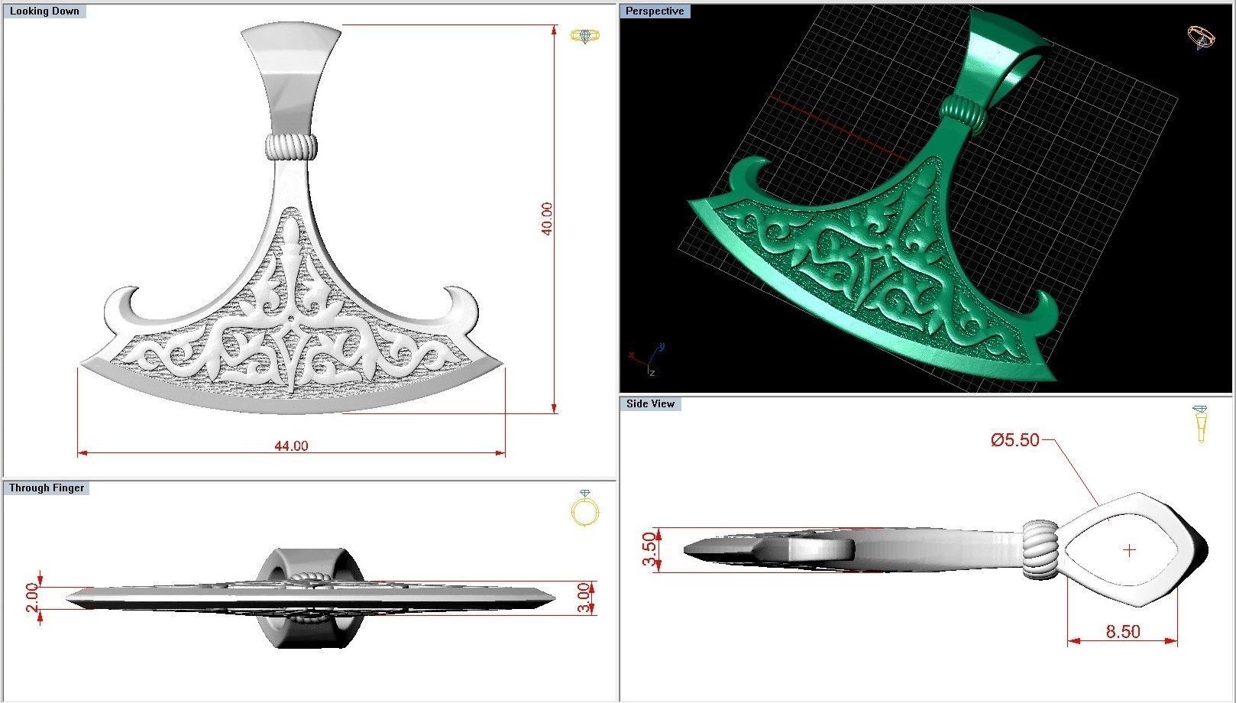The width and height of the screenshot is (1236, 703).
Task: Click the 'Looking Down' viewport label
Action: coord(44,11)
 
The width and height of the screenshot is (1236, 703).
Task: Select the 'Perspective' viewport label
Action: coord(655,11)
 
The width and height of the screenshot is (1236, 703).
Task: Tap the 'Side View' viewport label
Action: coord(650,403)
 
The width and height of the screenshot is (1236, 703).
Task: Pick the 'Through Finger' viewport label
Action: coord(47,488)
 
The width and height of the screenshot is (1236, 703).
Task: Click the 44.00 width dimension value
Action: coord(291,446)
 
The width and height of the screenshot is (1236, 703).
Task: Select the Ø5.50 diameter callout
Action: coord(1015,440)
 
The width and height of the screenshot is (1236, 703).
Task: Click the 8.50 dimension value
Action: coord(1122,632)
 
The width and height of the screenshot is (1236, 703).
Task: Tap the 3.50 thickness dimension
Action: coord(649,549)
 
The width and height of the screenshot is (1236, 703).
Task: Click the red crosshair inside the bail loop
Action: coord(1129,549)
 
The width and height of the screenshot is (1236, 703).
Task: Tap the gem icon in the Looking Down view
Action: coord(585,36)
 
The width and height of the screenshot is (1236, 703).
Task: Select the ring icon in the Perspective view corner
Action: coord(1200,37)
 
